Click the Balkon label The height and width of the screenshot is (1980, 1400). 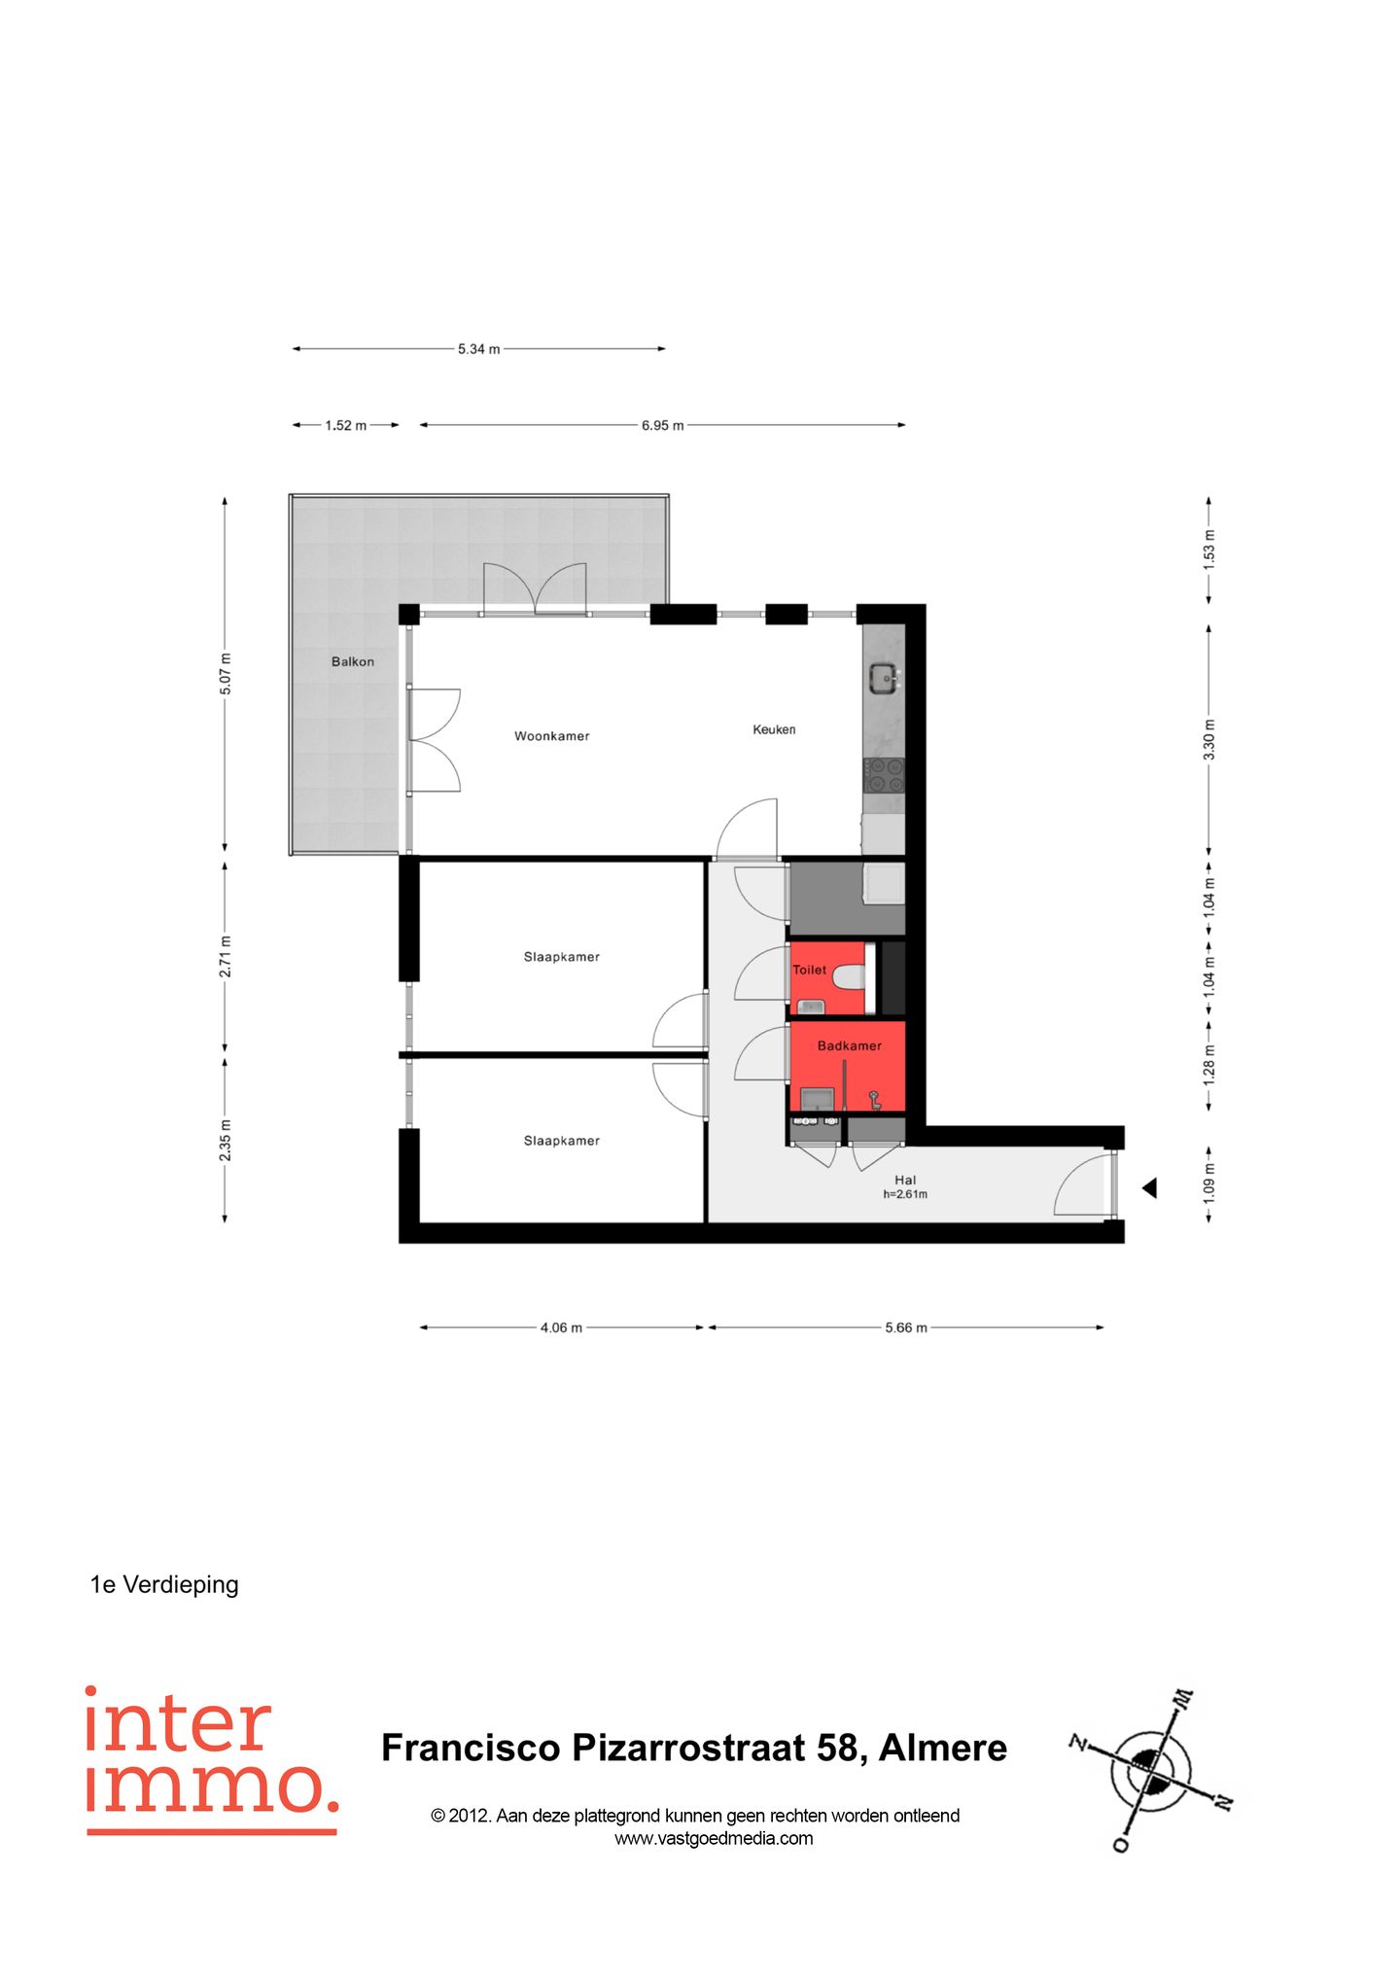pyautogui.click(x=352, y=661)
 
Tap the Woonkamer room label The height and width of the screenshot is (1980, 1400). pyautogui.click(x=551, y=736)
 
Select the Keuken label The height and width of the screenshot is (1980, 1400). pyautogui.click(x=774, y=729)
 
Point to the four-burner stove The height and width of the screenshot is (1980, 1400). pyautogui.click(x=884, y=775)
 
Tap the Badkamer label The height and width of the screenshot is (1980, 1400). pyautogui.click(x=849, y=1045)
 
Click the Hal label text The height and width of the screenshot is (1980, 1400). pyautogui.click(x=904, y=1180)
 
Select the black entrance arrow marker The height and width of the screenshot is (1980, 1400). pyautogui.click(x=1149, y=1187)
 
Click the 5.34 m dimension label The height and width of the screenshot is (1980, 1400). pyautogui.click(x=478, y=349)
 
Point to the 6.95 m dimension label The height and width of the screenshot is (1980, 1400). pyautogui.click(x=662, y=426)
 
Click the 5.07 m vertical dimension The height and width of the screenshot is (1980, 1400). pyautogui.click(x=226, y=675)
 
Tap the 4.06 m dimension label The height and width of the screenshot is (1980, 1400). pyautogui.click(x=561, y=1327)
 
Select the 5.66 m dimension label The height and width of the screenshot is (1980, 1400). pyautogui.click(x=905, y=1327)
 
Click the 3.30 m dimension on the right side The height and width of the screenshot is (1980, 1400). pyautogui.click(x=1208, y=740)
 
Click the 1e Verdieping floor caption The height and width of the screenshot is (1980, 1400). pyautogui.click(x=164, y=1584)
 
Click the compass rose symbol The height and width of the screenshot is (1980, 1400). pyautogui.click(x=1152, y=1770)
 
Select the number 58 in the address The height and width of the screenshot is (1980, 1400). pyautogui.click(x=837, y=1748)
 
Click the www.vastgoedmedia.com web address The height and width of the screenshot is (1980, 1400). pyautogui.click(x=714, y=1838)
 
